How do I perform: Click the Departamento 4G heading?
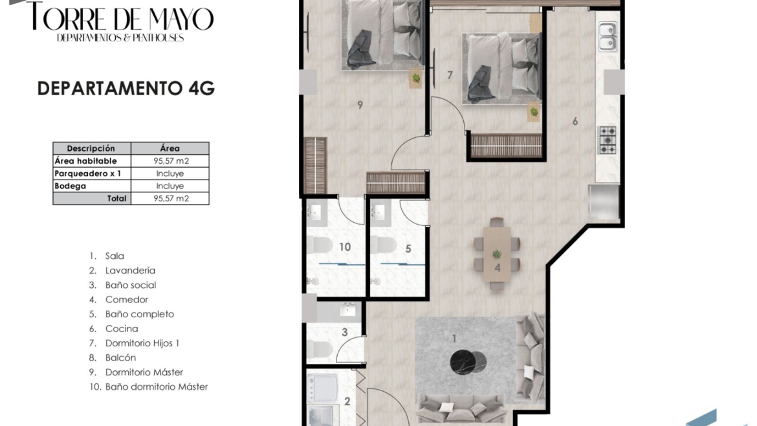coord(126,89)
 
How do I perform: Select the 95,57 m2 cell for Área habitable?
coord(170,161)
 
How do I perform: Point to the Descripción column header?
coord(92,148)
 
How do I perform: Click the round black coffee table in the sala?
coord(463,363)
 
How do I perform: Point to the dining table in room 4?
coord(497,254)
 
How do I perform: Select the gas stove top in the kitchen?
coord(608,140)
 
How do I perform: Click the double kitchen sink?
coord(608,37)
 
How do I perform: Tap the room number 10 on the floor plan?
coord(345,247)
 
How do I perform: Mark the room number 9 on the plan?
coord(360,105)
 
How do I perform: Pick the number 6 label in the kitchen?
coord(575,121)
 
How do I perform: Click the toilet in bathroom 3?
coord(320,349)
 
